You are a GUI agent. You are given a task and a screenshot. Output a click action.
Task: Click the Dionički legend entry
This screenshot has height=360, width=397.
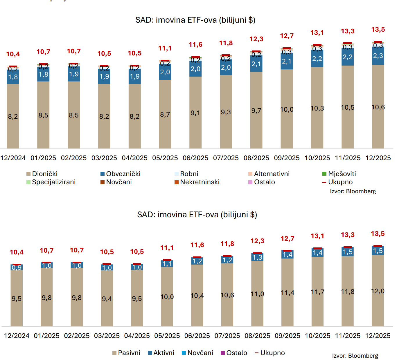(42, 174)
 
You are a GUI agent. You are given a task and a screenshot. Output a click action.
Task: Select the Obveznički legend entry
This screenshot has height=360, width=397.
(120, 174)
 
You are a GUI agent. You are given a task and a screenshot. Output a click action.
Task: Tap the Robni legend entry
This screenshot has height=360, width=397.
(186, 174)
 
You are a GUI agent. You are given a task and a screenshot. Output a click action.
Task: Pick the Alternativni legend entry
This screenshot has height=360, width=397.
(269, 174)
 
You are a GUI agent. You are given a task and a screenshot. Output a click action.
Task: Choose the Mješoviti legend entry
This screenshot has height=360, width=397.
(339, 174)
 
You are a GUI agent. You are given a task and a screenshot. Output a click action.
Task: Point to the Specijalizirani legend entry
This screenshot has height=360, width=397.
(51, 182)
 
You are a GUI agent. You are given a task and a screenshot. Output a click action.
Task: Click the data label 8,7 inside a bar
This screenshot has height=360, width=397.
(165, 114)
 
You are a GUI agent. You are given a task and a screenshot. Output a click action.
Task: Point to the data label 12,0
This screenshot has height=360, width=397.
(378, 291)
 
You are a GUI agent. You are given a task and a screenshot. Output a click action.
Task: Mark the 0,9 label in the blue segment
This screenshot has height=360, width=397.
(17, 267)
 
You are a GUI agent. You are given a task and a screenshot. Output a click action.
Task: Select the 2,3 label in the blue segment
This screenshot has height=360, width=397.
(378, 56)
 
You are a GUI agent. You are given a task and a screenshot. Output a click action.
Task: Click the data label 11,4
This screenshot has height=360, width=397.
(288, 293)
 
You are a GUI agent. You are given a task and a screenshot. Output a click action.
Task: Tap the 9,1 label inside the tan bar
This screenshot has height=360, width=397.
(195, 113)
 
